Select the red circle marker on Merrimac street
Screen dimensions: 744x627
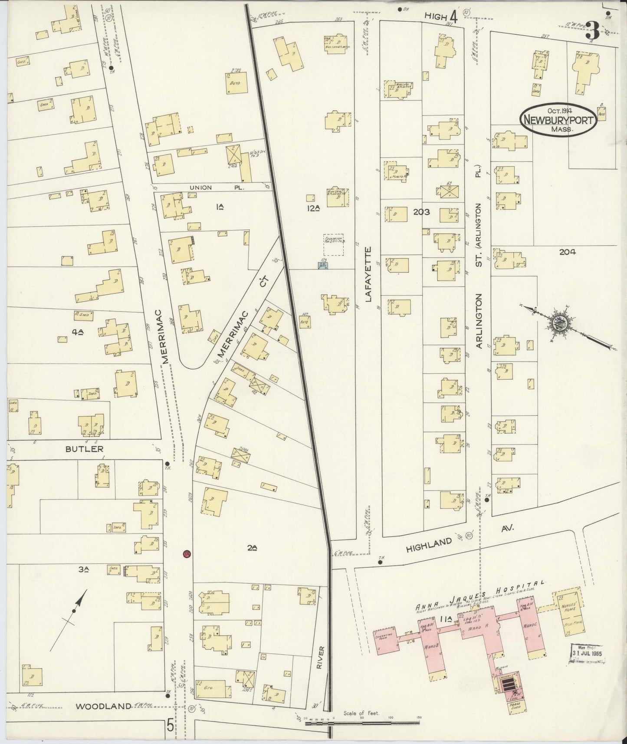pos(187,554)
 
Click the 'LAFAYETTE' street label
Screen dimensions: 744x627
pos(368,274)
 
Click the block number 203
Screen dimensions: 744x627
pos(421,212)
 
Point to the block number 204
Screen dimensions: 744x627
pos(567,251)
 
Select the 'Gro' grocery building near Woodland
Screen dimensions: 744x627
pos(213,689)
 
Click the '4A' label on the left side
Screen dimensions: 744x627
pos(78,332)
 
